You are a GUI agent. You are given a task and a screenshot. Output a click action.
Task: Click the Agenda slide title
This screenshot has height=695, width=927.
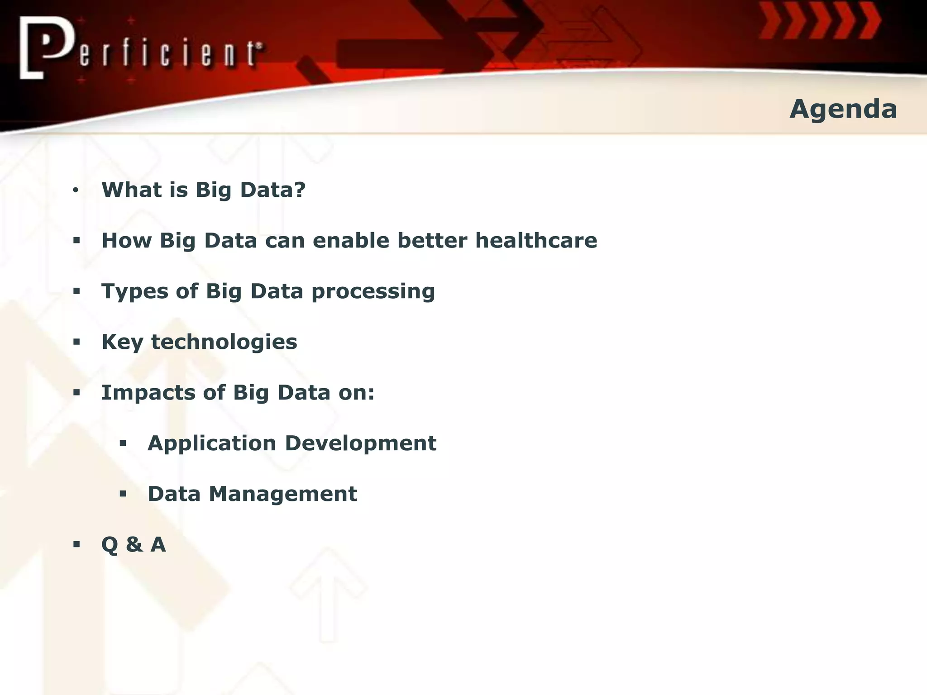point(843,109)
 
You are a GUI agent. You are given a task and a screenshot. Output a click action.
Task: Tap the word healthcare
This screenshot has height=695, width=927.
point(536,240)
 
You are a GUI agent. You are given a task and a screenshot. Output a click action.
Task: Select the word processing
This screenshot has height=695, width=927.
point(373,292)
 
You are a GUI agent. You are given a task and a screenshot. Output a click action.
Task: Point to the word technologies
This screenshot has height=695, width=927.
point(224,343)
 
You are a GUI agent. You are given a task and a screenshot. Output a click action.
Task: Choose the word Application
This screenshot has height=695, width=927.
point(212,444)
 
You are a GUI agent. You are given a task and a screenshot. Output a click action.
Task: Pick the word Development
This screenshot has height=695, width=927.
point(361,443)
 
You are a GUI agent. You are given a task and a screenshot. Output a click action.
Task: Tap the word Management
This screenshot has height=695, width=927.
point(283,494)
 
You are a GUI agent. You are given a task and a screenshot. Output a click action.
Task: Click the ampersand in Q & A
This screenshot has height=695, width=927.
point(134,544)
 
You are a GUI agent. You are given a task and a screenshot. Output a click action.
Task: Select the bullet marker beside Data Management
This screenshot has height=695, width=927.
point(123,494)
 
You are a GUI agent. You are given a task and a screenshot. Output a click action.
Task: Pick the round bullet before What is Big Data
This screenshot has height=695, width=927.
point(76,190)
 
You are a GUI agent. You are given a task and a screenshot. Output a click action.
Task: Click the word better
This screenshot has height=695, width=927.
point(432,240)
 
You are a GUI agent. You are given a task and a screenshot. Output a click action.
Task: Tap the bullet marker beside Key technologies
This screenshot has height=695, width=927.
point(76,342)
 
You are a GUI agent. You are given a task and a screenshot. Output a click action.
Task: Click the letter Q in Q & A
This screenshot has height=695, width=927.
point(110,545)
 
